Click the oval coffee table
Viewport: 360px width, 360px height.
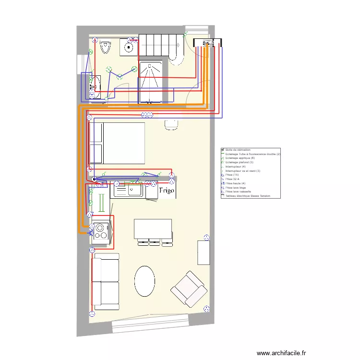(144, 281)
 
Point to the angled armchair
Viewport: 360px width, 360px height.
(190, 289)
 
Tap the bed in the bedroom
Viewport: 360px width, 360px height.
(118, 143)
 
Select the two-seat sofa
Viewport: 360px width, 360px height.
(105, 281)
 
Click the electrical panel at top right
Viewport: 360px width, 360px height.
(207, 43)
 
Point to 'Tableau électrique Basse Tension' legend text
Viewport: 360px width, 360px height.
(250, 196)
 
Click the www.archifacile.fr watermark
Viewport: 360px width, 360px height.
(281, 353)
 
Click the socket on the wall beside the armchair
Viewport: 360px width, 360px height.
(207, 308)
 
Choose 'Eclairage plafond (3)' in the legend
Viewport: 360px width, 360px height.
(240, 162)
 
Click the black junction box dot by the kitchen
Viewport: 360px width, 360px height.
(95, 180)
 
